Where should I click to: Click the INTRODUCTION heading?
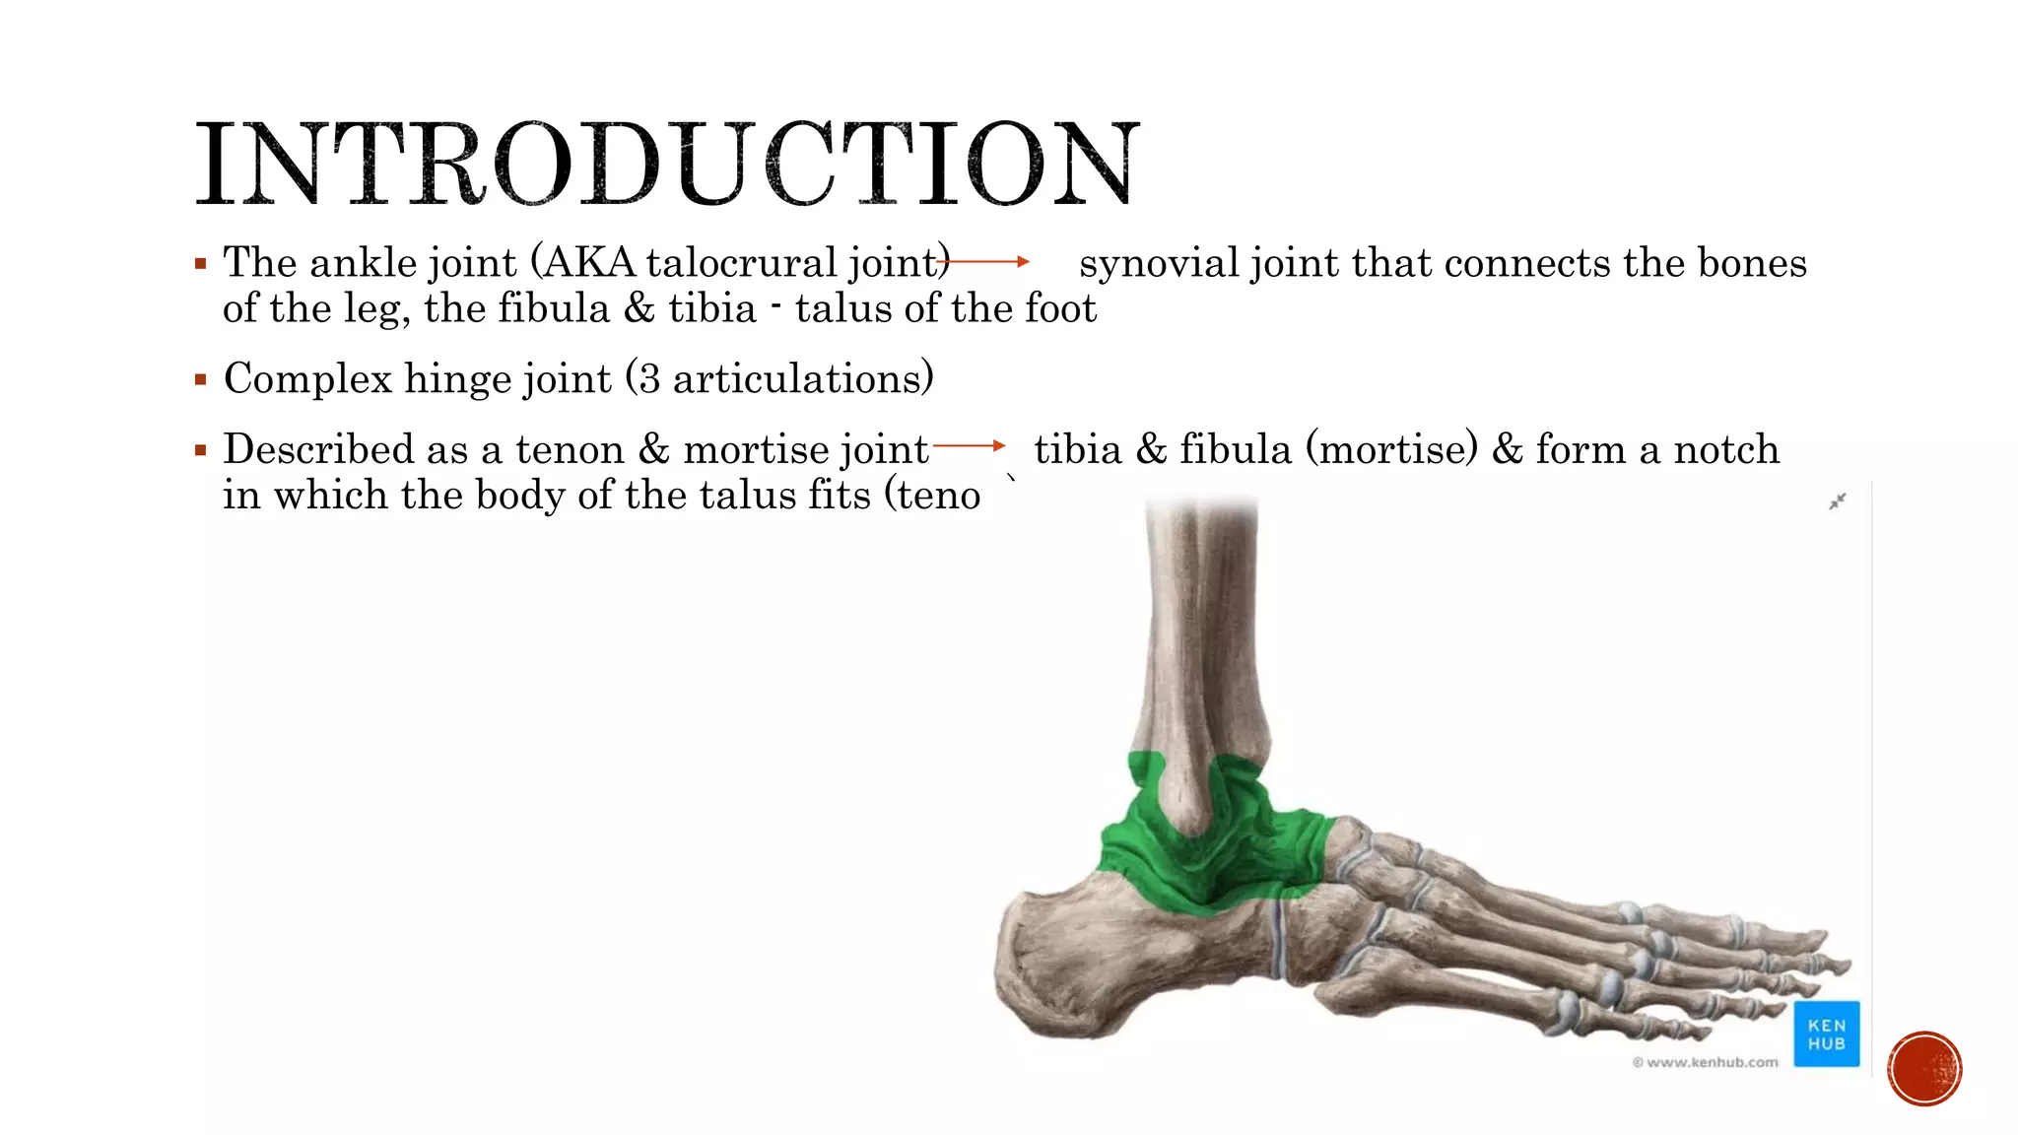[x=667, y=165]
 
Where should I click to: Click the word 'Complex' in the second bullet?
[x=307, y=379]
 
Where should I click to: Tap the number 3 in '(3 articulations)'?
[x=648, y=379]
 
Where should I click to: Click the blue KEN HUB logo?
[x=1826, y=1034]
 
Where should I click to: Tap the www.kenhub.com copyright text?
[x=1705, y=1062]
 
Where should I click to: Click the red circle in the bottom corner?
[x=1924, y=1069]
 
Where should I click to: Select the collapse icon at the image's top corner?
[x=1838, y=501]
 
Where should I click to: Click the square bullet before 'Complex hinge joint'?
[x=201, y=379]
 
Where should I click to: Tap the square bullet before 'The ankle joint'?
[x=201, y=264]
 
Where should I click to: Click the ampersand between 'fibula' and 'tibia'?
[x=639, y=309]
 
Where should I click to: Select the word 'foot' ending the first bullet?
[x=1060, y=309]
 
